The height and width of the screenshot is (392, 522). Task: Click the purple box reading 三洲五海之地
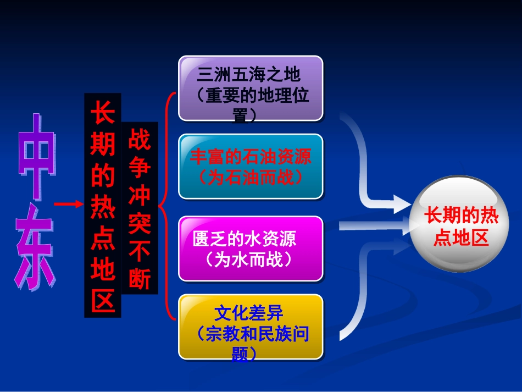pos(251,88)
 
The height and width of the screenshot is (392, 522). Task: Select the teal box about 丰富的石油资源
pos(251,166)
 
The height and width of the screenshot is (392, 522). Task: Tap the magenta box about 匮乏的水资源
pos(251,249)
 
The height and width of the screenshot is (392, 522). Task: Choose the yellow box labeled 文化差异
pos(251,327)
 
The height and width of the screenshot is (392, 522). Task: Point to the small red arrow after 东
pos(68,205)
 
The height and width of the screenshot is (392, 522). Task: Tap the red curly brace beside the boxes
pos(166,206)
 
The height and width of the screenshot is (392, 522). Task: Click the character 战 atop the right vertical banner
pos(139,141)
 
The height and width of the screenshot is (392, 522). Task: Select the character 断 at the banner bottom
pos(139,279)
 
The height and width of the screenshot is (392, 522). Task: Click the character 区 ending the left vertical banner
pos(103,299)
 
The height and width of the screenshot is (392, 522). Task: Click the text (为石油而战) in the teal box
pos(251,176)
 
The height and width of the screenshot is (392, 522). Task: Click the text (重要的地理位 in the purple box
pos(251,96)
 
